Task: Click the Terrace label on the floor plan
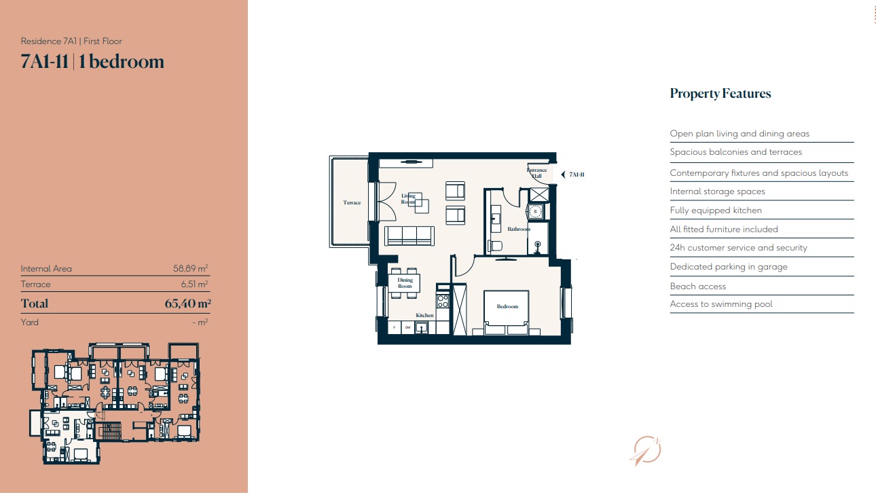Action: (x=352, y=202)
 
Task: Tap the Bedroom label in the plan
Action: (x=507, y=307)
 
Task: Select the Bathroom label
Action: (x=519, y=229)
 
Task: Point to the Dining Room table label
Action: (x=405, y=283)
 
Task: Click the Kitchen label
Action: (x=424, y=315)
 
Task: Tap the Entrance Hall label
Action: (x=536, y=173)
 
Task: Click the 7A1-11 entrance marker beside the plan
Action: (x=573, y=174)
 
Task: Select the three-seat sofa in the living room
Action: (x=409, y=236)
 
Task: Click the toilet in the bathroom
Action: (x=495, y=246)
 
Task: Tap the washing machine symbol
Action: (x=535, y=212)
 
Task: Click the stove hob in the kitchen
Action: (x=443, y=301)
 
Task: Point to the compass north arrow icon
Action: (x=645, y=450)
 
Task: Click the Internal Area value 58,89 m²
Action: (x=190, y=268)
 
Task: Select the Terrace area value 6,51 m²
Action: (x=194, y=284)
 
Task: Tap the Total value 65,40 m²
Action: (x=187, y=303)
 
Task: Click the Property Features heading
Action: (x=720, y=94)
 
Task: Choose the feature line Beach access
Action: (x=697, y=287)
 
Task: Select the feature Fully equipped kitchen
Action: (x=716, y=210)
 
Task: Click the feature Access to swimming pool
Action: (x=721, y=303)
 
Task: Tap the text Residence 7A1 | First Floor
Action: (x=71, y=41)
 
